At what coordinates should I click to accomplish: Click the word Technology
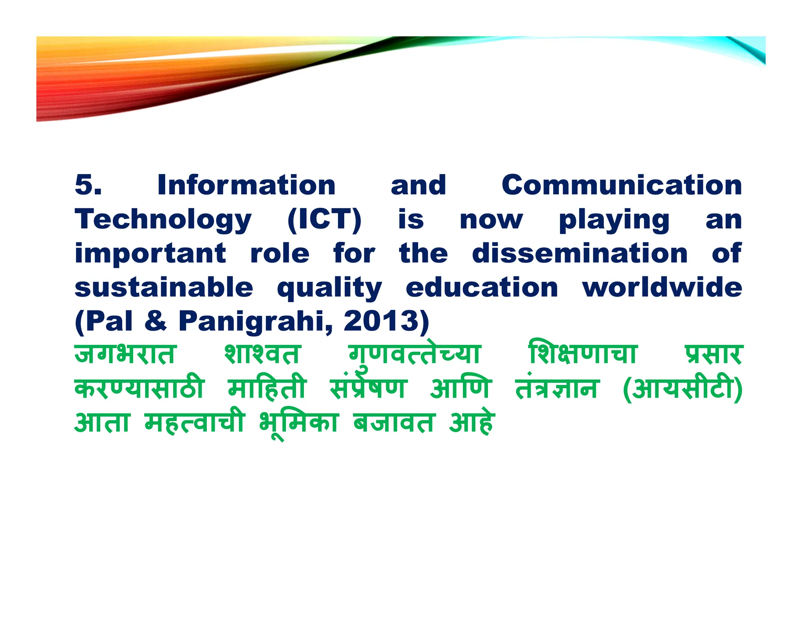pos(163,220)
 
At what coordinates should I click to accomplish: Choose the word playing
pos(614,220)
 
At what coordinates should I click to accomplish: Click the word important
pos(150,254)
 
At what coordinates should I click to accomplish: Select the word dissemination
pos(580,253)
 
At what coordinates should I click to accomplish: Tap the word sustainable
pos(164,287)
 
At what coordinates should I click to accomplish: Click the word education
pos(482,287)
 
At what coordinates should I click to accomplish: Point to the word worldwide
pos(662,287)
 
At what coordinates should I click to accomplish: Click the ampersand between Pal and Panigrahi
pos(155,321)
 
